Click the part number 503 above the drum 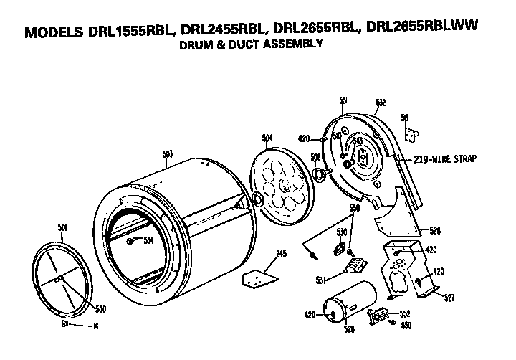tap(168, 153)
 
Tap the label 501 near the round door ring tap(62, 228)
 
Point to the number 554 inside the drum tap(148, 240)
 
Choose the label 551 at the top tap(343, 99)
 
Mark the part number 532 tap(381, 102)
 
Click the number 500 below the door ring tap(101, 310)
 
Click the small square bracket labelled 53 tap(410, 133)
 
